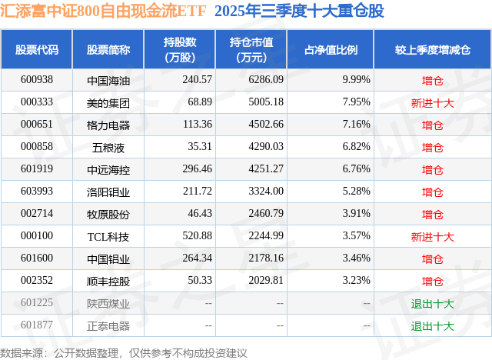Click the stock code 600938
(37, 80)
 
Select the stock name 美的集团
(108, 102)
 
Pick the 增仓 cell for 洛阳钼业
(433, 192)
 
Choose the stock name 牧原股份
(108, 214)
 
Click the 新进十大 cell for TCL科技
(433, 236)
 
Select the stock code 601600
(37, 258)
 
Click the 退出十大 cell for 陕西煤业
(433, 303)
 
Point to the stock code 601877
(37, 325)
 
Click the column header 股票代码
(37, 50)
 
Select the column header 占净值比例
(337, 50)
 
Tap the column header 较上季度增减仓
(433, 50)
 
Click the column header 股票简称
(108, 50)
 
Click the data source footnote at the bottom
(124, 352)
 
